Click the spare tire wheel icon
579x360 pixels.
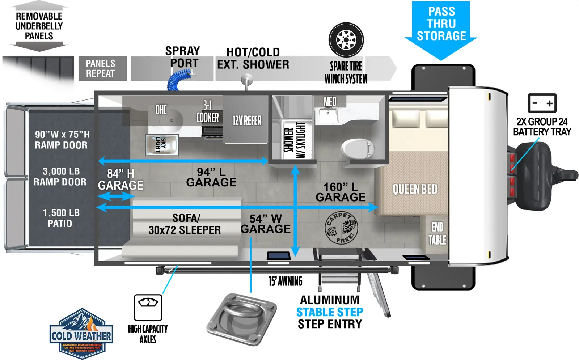pos(346,40)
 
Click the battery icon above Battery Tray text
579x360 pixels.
pos(542,103)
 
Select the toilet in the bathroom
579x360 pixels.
pos(358,148)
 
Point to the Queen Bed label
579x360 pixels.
pos(415,189)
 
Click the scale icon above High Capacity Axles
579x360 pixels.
pos(148,308)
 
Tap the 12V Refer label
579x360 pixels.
pos(247,120)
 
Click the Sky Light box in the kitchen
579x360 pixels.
pos(162,145)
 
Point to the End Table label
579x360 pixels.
pos(437,233)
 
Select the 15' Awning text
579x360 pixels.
pos(285,281)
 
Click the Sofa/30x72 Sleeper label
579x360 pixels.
pos(185,224)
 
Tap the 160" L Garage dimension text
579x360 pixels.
pos(341,192)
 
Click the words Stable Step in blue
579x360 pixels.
pos(330,312)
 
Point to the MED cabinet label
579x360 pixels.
pos(330,102)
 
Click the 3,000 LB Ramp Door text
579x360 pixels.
pos(60,177)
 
